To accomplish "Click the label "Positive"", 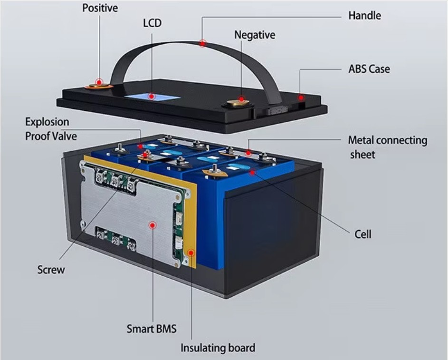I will (x=100, y=8).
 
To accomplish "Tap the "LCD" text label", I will (x=152, y=23).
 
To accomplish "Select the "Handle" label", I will (x=364, y=15).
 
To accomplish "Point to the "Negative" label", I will (x=255, y=35).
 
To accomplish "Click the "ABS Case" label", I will (x=369, y=69).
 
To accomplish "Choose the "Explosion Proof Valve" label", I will (x=51, y=129).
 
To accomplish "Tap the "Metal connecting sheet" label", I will (x=387, y=147).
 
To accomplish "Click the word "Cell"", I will (x=362, y=234).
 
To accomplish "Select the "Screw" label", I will (x=51, y=270).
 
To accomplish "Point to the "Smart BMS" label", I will (x=152, y=329).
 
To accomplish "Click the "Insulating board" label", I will (x=218, y=348).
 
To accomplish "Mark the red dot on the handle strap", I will (x=203, y=44).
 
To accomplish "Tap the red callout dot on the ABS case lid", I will (x=300, y=97).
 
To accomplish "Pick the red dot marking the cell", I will (x=252, y=173).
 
